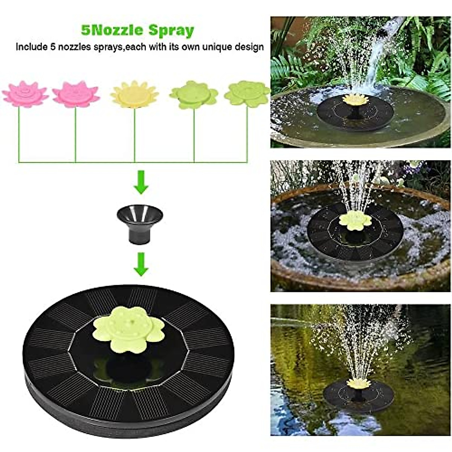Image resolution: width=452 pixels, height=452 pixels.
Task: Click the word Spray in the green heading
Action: (x=171, y=30)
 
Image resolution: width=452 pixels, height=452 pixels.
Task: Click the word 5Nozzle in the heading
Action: (x=112, y=30)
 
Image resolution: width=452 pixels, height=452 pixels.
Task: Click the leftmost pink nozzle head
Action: (x=25, y=94)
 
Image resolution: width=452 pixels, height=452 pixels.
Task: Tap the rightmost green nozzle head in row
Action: (x=247, y=93)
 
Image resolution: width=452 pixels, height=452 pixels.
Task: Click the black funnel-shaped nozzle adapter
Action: (x=140, y=223)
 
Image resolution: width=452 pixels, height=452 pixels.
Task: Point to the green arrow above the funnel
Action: (x=141, y=182)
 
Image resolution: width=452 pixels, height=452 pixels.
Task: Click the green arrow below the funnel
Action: (x=141, y=264)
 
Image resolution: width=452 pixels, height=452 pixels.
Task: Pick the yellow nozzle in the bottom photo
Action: (x=358, y=383)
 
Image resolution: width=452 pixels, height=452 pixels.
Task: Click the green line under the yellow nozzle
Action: (x=134, y=136)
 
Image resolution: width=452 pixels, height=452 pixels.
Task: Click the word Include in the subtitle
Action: (x=31, y=47)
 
